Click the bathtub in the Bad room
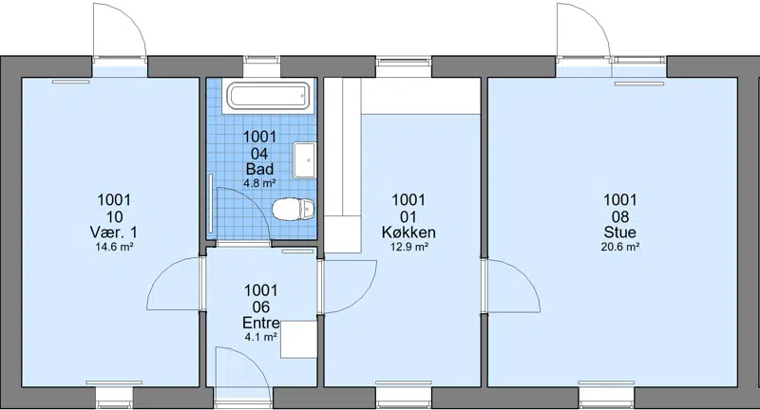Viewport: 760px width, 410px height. click(269, 96)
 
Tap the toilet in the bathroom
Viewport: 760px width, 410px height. click(294, 209)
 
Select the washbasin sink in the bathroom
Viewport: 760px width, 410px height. click(304, 160)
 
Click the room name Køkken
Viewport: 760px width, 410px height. click(408, 233)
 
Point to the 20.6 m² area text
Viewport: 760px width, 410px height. click(620, 247)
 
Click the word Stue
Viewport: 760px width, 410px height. click(620, 232)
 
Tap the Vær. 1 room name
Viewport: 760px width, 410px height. click(113, 232)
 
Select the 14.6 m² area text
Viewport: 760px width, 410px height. click(114, 247)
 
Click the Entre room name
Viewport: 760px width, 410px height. click(261, 323)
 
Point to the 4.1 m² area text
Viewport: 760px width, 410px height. click(260, 337)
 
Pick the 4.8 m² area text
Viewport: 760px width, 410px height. click(259, 183)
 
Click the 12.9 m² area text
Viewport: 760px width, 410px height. click(409, 247)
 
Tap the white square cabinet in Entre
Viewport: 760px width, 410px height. click(299, 340)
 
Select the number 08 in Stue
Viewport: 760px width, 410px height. click(620, 216)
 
